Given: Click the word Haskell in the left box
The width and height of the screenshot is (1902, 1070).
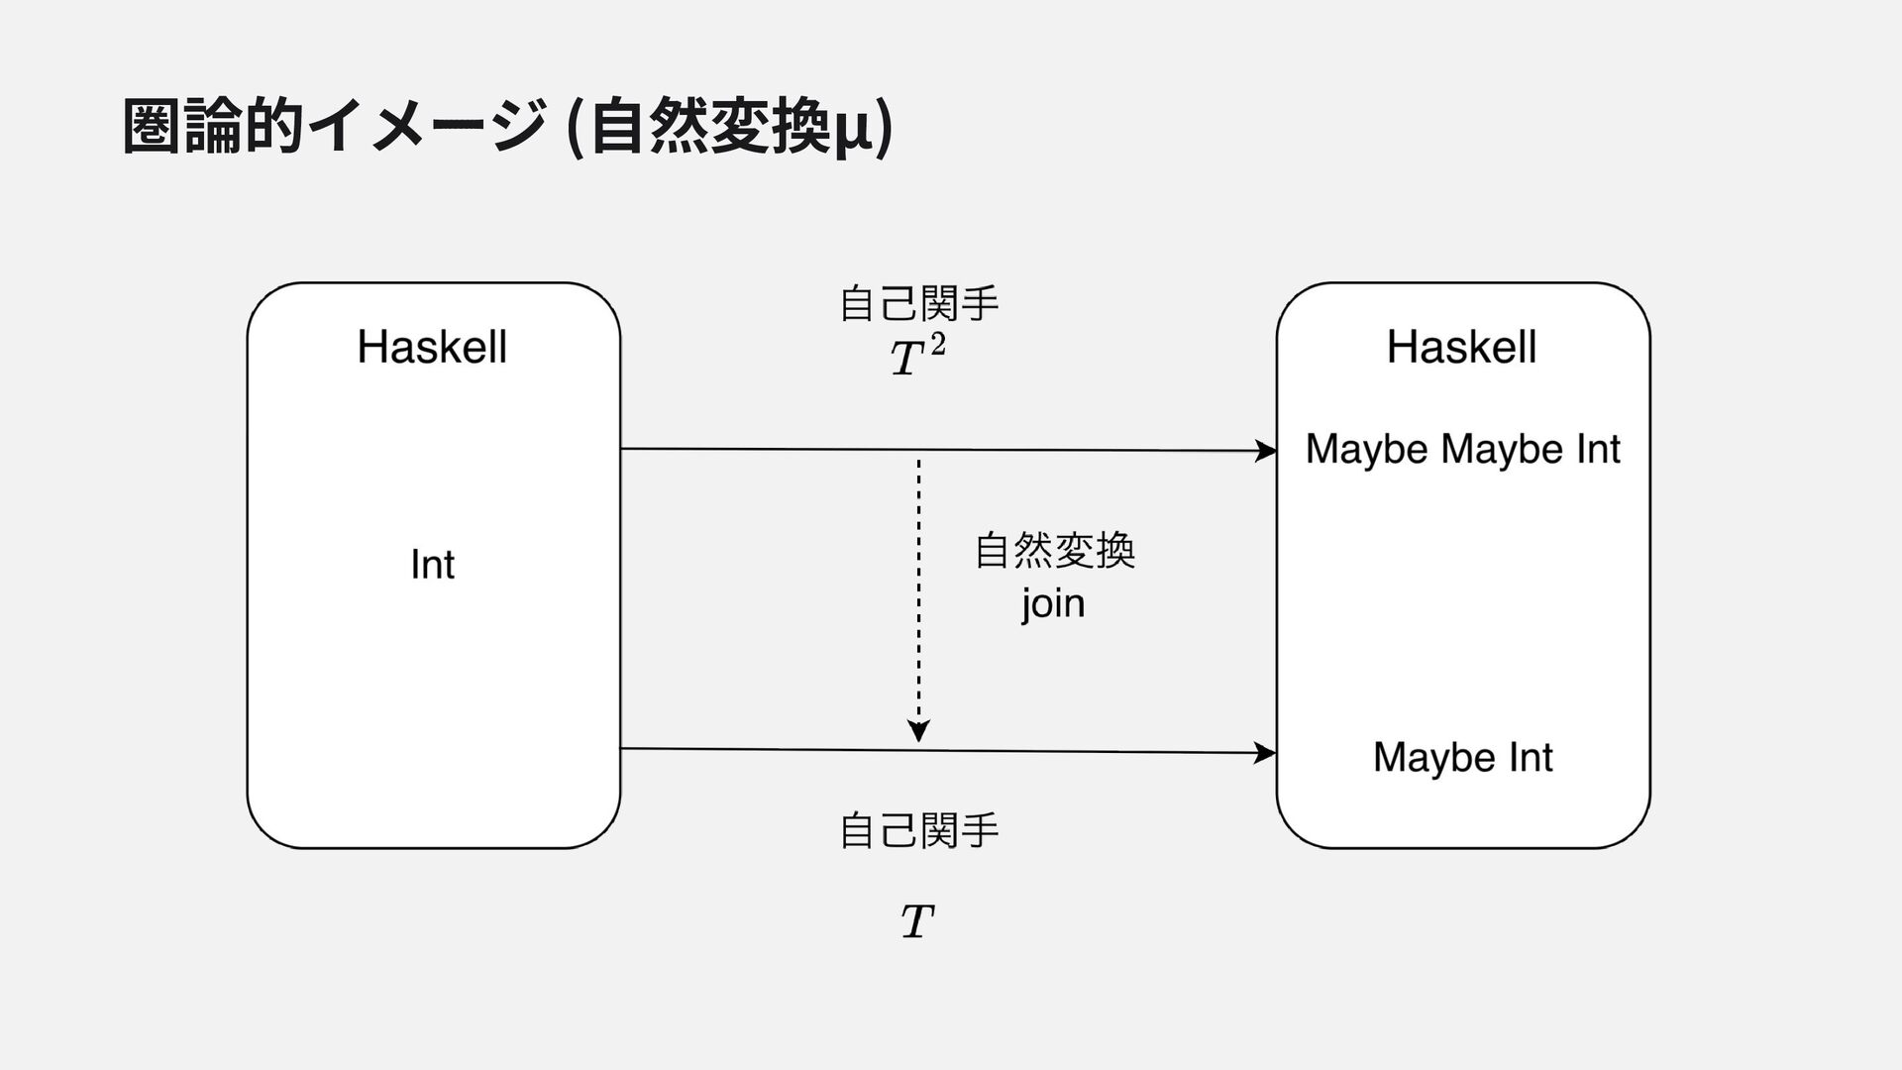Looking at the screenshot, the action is point(432,348).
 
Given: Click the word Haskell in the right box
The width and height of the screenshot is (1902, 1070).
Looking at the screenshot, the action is point(1461,348).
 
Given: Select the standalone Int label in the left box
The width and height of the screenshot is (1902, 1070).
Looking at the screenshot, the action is point(432,565).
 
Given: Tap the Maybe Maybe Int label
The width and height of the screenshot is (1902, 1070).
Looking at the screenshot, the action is point(1462,450).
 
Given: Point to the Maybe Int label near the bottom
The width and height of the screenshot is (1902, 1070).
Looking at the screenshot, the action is point(1462,758).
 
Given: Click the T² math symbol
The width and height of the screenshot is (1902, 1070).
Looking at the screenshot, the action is point(917,356).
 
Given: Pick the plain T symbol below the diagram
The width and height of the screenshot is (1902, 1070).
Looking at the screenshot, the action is point(917,921).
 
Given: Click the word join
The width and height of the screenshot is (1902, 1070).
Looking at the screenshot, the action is point(1054,603).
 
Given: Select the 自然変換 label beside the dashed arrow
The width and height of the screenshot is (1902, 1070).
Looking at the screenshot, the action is point(1055,551).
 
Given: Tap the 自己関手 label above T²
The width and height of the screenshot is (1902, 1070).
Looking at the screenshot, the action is point(919,303).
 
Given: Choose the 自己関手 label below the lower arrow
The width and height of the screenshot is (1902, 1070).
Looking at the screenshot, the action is point(919,830).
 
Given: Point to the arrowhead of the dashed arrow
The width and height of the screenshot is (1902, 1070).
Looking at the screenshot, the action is point(918,731).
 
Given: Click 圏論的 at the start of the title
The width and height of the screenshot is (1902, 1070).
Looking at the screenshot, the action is point(212,127).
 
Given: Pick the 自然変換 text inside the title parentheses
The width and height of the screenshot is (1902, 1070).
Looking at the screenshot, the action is point(709,128).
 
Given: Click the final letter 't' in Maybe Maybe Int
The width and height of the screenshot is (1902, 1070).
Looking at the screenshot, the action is point(1614,450).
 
